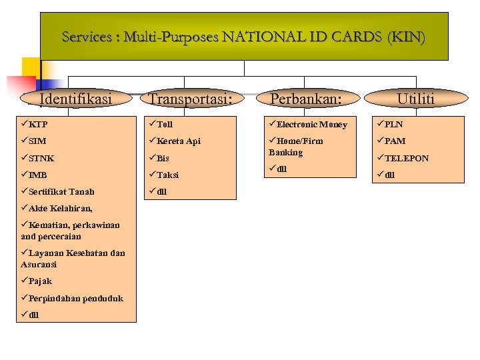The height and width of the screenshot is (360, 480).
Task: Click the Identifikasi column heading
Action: click(x=75, y=99)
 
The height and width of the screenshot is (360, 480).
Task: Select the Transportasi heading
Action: click(x=191, y=99)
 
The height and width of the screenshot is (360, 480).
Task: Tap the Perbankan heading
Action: click(x=305, y=99)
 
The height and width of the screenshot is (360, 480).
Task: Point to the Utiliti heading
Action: click(x=415, y=99)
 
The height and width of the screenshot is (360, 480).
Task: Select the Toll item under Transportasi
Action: click(x=164, y=125)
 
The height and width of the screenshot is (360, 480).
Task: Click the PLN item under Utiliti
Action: click(x=393, y=125)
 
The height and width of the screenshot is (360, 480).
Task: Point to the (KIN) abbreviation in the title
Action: click(x=407, y=37)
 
